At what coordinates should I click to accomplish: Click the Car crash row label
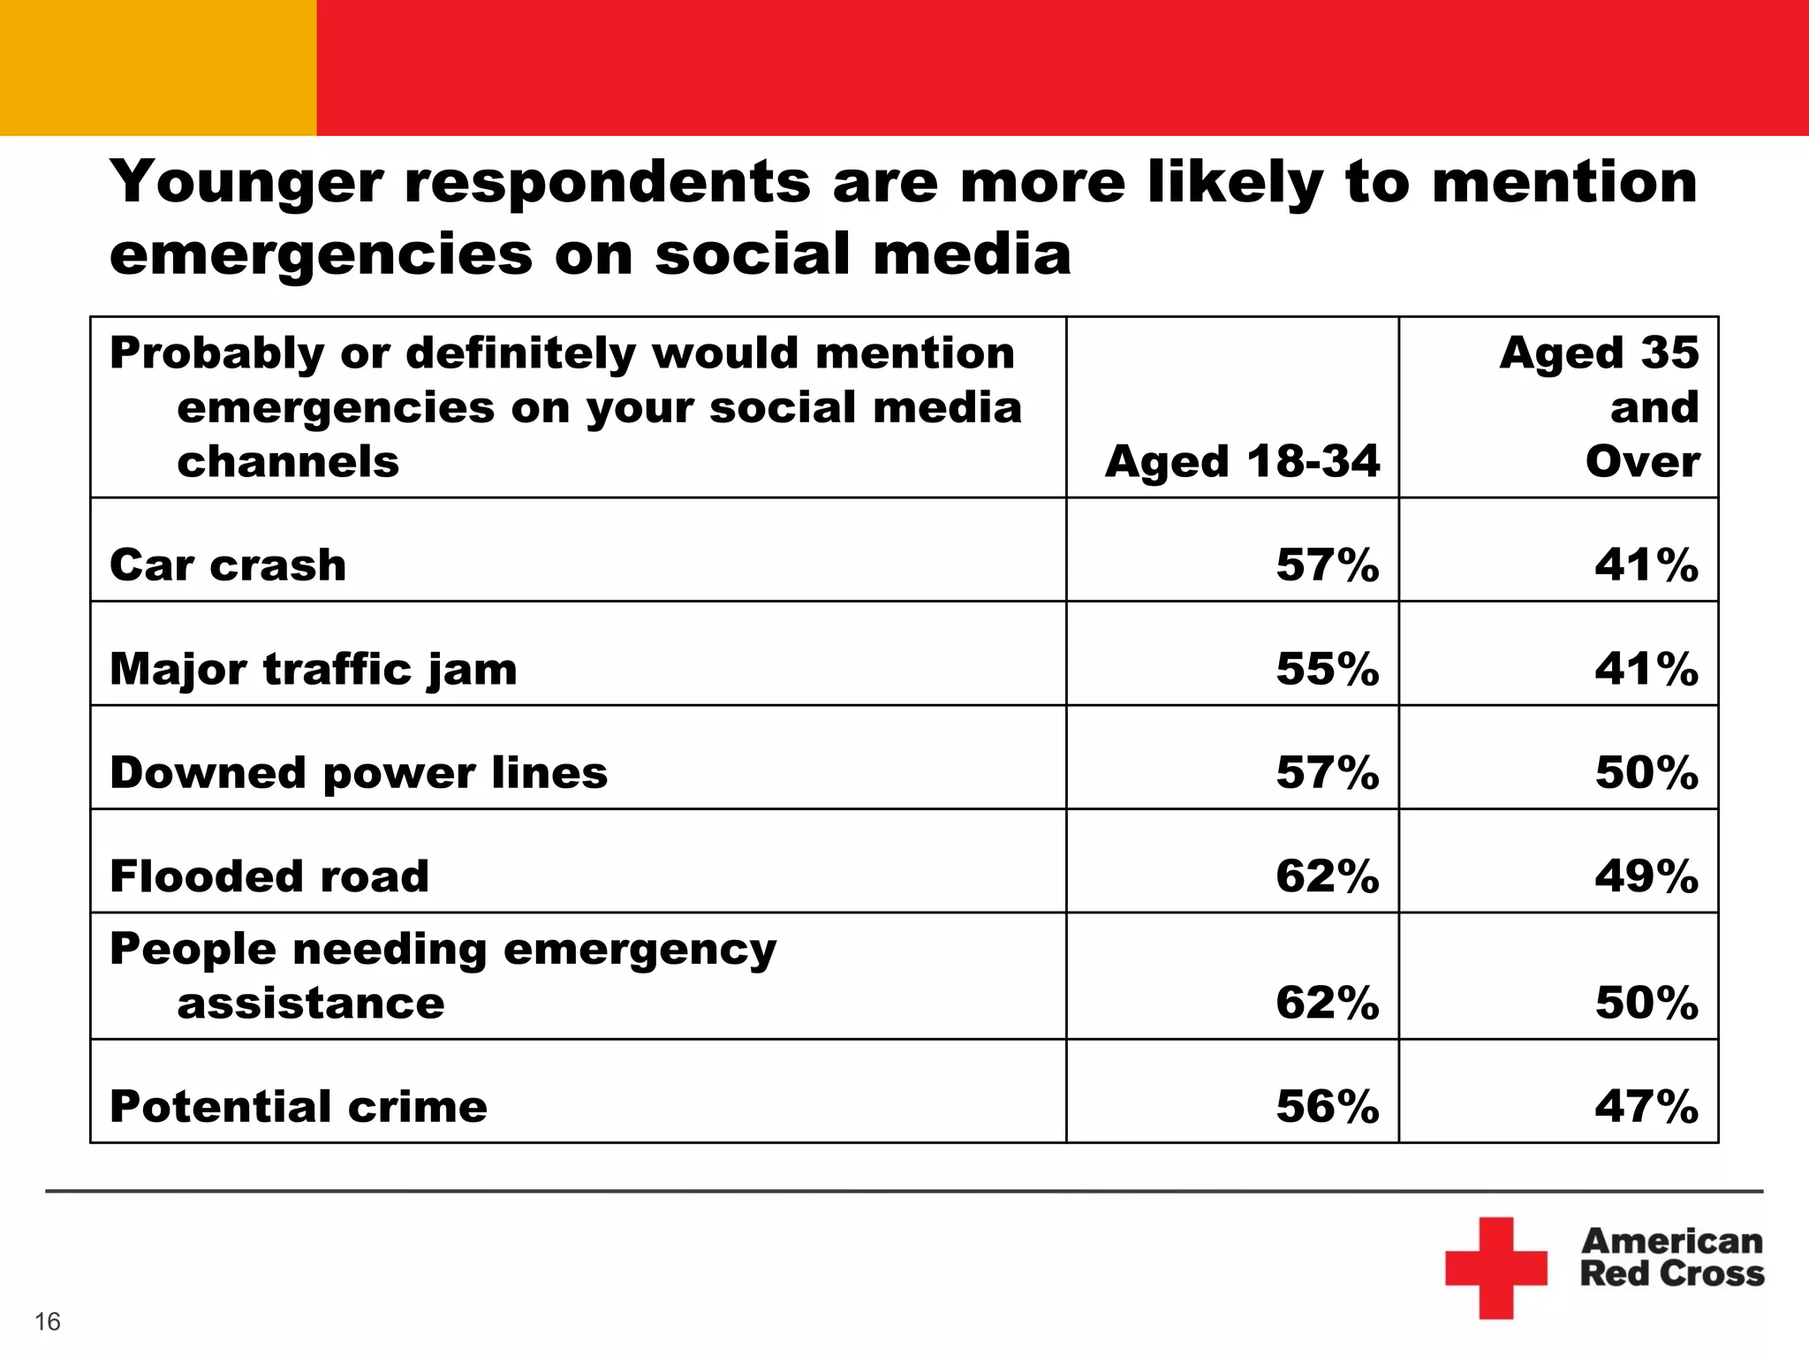coord(228,565)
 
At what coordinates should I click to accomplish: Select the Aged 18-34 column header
coord(1241,461)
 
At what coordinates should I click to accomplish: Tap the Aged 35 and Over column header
coord(1599,407)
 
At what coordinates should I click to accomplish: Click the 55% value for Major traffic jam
coord(1327,669)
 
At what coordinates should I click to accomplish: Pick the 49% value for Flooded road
coord(1646,876)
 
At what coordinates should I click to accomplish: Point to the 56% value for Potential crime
coord(1327,1106)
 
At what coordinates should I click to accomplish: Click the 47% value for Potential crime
coord(1646,1106)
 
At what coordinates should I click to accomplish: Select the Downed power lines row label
coord(359,773)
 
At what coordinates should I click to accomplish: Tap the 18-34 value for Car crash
coord(1327,565)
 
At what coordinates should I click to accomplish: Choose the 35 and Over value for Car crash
coord(1646,565)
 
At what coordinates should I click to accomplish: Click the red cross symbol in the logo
coord(1495,1268)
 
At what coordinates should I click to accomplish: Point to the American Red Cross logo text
coord(1671,1257)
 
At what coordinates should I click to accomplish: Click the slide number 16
coord(48,1322)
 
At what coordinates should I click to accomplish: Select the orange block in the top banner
coord(157,67)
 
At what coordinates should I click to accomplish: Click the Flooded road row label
coord(269,876)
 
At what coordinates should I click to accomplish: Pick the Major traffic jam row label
coord(313,669)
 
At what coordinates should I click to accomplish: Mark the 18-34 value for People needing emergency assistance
coord(1327,1003)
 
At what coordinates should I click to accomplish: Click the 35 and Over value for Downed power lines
coord(1646,773)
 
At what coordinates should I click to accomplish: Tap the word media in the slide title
coord(972,254)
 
